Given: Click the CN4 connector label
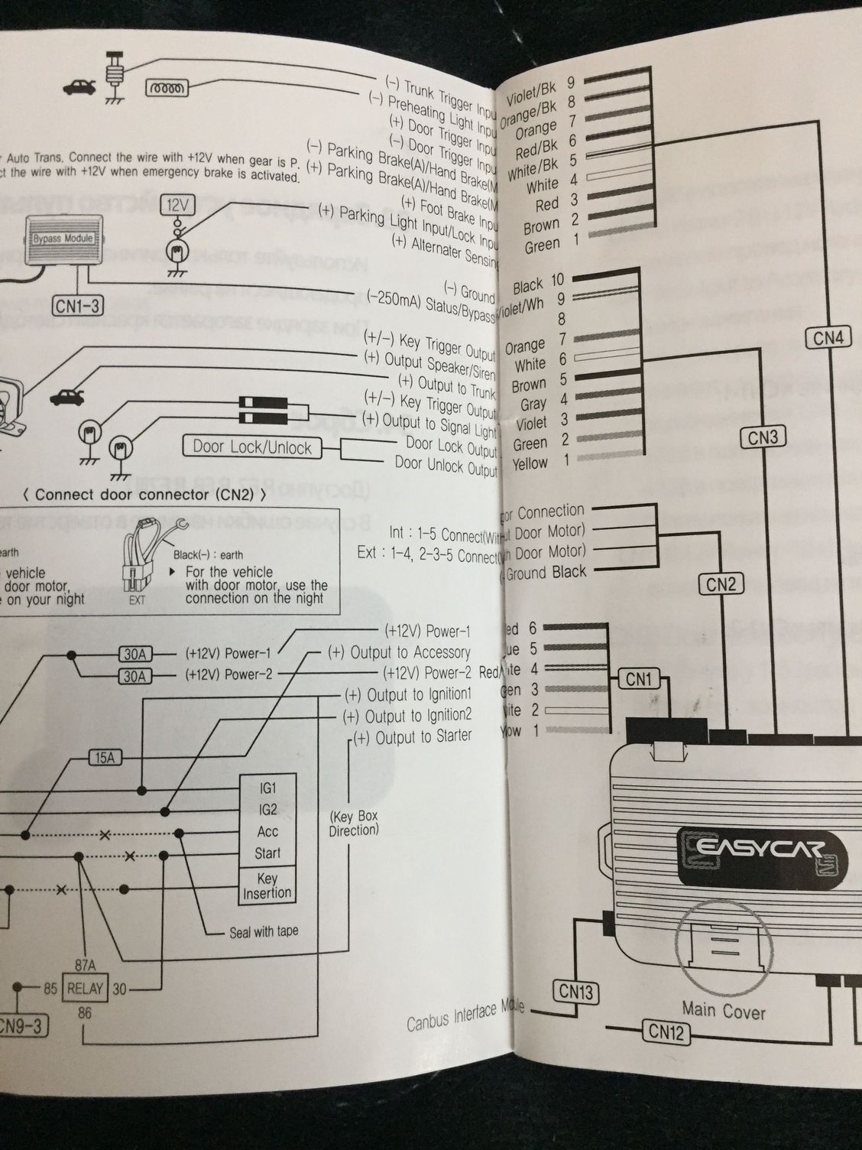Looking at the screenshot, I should click(828, 336).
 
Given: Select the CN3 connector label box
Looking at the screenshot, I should click(762, 437).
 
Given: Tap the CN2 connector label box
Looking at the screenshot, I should click(721, 584).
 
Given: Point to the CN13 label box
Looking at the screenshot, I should click(575, 992).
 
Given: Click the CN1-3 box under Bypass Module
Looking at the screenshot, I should click(76, 306).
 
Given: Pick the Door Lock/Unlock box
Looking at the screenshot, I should click(252, 447).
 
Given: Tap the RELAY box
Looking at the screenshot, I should click(85, 988).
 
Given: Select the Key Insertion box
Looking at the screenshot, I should click(267, 886).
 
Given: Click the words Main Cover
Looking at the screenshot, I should click(723, 1012).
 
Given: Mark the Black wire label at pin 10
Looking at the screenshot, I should click(528, 287).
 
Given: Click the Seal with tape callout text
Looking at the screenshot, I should click(264, 931).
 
